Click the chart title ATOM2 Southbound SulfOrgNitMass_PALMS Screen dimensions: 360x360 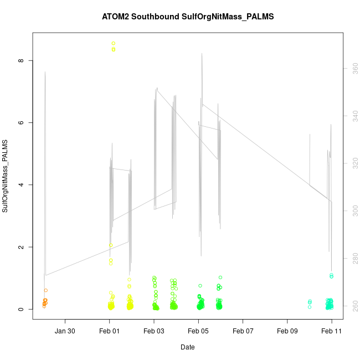[188, 17]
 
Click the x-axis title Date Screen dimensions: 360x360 [187, 347]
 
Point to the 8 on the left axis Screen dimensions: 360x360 [20, 60]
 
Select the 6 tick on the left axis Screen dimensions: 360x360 [20, 122]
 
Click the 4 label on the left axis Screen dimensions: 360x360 [20, 185]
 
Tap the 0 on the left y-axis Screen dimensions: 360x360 [20, 309]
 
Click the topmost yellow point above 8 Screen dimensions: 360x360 [114, 43]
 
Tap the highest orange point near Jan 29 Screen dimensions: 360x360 [46, 290]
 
